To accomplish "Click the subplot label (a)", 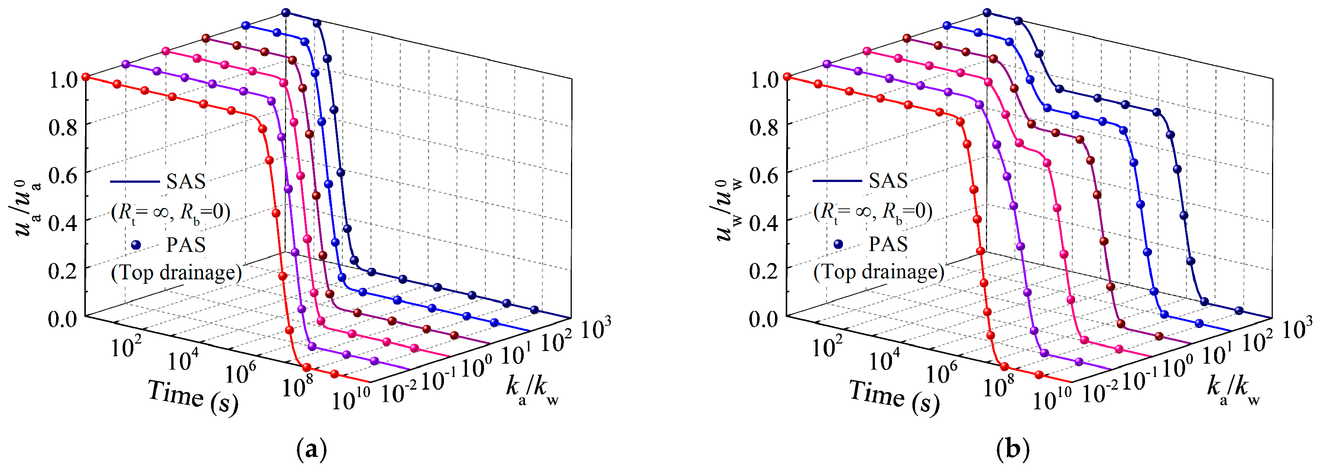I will [x=311, y=451].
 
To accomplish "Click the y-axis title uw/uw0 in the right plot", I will [x=726, y=209].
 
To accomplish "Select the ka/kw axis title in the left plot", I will [x=532, y=391].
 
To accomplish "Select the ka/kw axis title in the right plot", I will [x=1233, y=391].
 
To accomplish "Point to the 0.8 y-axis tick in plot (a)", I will [x=62, y=126].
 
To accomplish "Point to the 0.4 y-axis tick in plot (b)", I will [x=764, y=222].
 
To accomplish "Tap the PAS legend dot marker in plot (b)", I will [x=838, y=244].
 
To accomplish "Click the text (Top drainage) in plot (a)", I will [x=176, y=273].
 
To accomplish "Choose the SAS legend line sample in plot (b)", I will [x=837, y=181].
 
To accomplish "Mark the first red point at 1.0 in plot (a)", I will [x=86, y=77].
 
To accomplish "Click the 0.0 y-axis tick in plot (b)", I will [x=764, y=319].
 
